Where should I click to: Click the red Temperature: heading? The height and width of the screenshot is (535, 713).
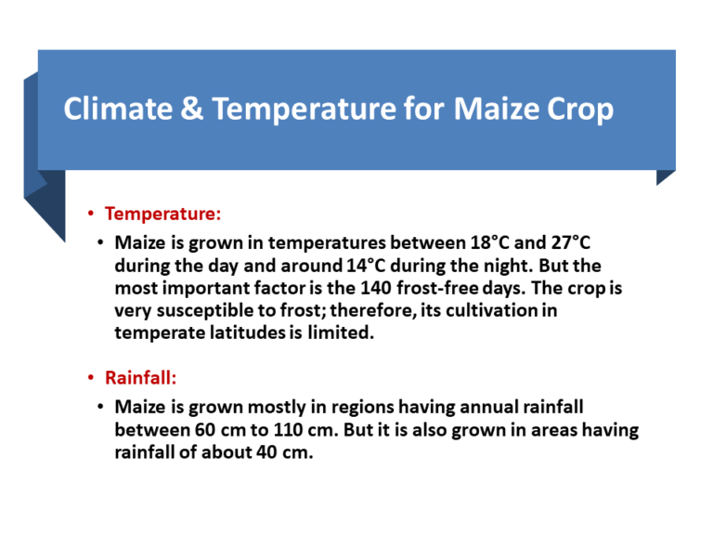(x=162, y=214)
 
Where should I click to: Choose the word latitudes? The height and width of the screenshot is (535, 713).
(x=238, y=333)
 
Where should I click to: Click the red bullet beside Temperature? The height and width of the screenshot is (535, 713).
(x=91, y=215)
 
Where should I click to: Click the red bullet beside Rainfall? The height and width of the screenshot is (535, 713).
(x=91, y=379)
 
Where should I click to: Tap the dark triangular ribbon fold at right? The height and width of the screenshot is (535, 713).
(x=665, y=176)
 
